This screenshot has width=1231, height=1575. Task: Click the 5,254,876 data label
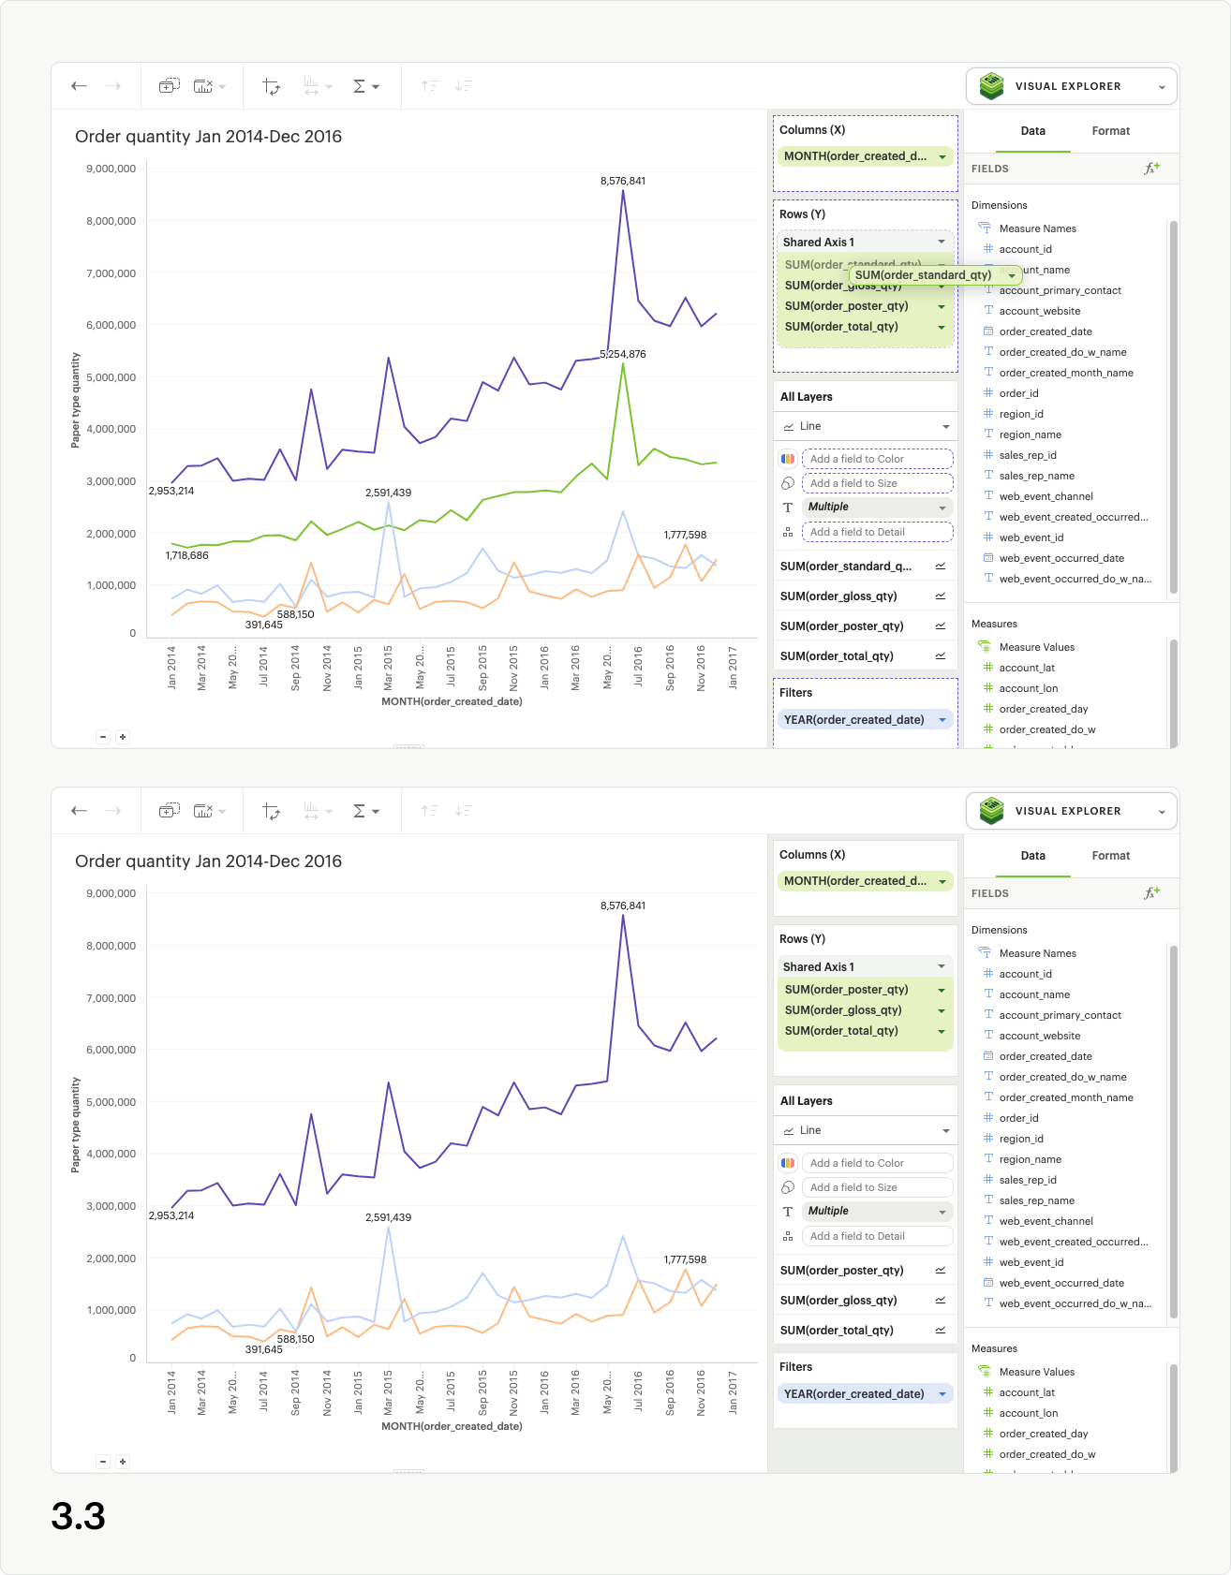tap(623, 354)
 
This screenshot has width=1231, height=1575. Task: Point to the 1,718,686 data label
tap(187, 555)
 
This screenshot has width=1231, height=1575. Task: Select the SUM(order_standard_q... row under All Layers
tap(846, 567)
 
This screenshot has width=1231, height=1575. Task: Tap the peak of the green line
tap(623, 364)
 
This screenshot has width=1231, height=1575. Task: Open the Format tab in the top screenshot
tap(1110, 131)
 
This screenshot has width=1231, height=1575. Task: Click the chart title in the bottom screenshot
tap(208, 861)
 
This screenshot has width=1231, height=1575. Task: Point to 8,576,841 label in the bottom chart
tap(623, 905)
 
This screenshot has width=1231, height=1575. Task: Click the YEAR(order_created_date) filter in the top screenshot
tap(853, 720)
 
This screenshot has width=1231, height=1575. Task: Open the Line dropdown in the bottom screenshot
tap(865, 1130)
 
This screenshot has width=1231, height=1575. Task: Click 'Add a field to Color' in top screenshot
tap(877, 459)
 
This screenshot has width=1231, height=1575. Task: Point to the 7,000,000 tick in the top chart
tap(111, 273)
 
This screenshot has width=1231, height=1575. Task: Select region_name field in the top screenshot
tap(1030, 434)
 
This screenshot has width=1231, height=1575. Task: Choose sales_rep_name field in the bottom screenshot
tap(1036, 1200)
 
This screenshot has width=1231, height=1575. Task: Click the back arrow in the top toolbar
tap(80, 86)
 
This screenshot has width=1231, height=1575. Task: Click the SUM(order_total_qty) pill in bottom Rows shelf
tap(841, 1031)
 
